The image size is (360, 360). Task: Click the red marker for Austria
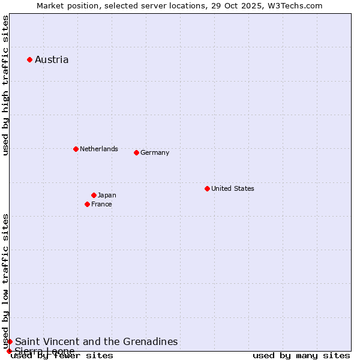point(29,59)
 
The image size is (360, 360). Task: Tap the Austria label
point(52,59)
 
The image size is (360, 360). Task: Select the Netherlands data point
point(76,149)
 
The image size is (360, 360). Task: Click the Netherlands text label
point(98,149)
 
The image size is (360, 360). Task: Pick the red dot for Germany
point(136,152)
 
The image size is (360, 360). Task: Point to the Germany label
point(155,152)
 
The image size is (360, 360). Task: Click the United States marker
point(207,188)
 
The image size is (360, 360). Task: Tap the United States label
point(232,188)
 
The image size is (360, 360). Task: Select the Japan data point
point(94,195)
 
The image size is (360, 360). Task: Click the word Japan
point(107,195)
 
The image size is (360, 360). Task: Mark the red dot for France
point(87,204)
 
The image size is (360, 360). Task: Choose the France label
point(101,204)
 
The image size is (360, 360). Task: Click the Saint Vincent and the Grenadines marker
point(10,341)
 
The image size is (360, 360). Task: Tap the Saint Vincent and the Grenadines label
point(96,341)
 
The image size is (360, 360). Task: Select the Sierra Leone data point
point(9,351)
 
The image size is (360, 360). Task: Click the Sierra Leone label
point(45,351)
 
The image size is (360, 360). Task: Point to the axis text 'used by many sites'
point(301,355)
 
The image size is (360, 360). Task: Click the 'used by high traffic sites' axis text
point(5,85)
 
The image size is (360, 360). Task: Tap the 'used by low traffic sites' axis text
point(5,281)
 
